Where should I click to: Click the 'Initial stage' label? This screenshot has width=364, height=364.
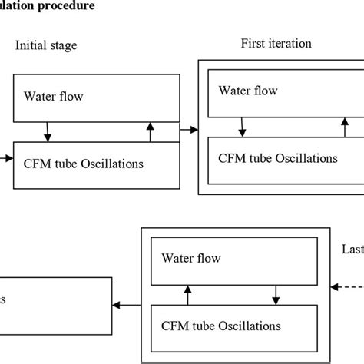tap(46, 45)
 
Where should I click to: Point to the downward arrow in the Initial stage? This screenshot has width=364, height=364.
tap(48, 131)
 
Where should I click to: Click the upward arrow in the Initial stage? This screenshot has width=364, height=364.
tap(150, 131)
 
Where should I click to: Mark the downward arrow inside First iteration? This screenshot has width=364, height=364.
tap(242, 126)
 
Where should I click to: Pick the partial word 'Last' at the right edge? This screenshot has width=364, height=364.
tap(352, 250)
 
